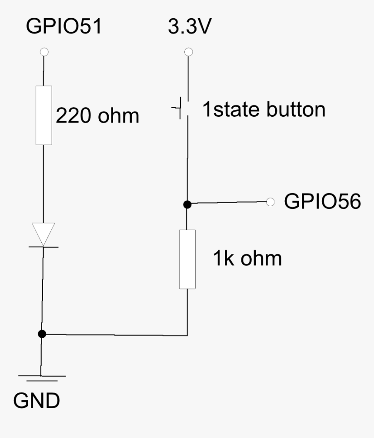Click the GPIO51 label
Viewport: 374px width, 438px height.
tap(63, 27)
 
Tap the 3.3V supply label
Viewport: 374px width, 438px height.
tap(189, 27)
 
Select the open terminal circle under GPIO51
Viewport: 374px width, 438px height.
tap(43, 52)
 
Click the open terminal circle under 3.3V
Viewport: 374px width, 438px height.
tap(188, 52)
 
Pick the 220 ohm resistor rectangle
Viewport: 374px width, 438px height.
tap(43, 115)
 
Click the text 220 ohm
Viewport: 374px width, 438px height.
tap(98, 116)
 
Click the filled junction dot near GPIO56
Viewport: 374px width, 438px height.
tap(187, 204)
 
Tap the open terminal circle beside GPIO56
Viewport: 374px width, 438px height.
tap(271, 201)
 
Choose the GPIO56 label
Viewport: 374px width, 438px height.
tap(322, 202)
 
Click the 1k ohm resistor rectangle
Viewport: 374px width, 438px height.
tap(187, 259)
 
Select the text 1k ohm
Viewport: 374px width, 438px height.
tap(247, 259)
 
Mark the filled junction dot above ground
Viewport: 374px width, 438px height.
tap(42, 334)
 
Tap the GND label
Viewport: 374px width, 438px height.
tap(37, 402)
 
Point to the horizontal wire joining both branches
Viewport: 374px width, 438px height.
tap(115, 335)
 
